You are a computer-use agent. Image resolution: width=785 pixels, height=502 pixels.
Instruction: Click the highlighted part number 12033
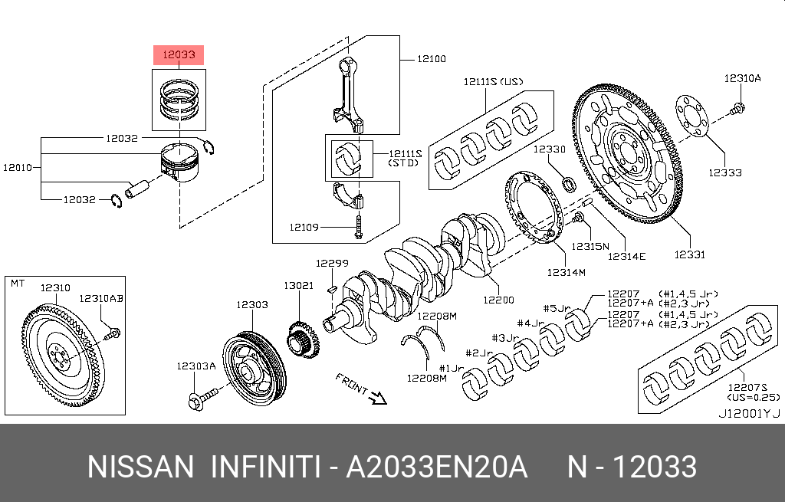click(179, 55)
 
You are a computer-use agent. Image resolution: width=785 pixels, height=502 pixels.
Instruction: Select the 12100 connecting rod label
click(431, 58)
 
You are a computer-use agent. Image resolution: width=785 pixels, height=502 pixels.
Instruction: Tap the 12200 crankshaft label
click(498, 300)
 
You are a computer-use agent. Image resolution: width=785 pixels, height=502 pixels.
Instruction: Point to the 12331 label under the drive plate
click(689, 254)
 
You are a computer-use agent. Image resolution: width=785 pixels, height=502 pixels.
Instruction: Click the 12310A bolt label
click(743, 78)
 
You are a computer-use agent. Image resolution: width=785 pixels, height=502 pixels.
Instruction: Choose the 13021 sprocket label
click(299, 285)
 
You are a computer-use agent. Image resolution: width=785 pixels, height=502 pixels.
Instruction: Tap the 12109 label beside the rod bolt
click(304, 227)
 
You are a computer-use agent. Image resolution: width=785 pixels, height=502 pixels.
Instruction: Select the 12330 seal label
click(550, 149)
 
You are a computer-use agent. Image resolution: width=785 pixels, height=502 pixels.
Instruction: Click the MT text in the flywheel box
click(17, 284)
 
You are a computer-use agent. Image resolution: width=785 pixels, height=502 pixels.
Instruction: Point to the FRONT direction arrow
click(376, 396)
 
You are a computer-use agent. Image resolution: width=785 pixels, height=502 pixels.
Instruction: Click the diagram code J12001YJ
click(748, 413)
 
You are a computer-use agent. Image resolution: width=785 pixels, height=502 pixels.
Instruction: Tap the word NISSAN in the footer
click(141, 467)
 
